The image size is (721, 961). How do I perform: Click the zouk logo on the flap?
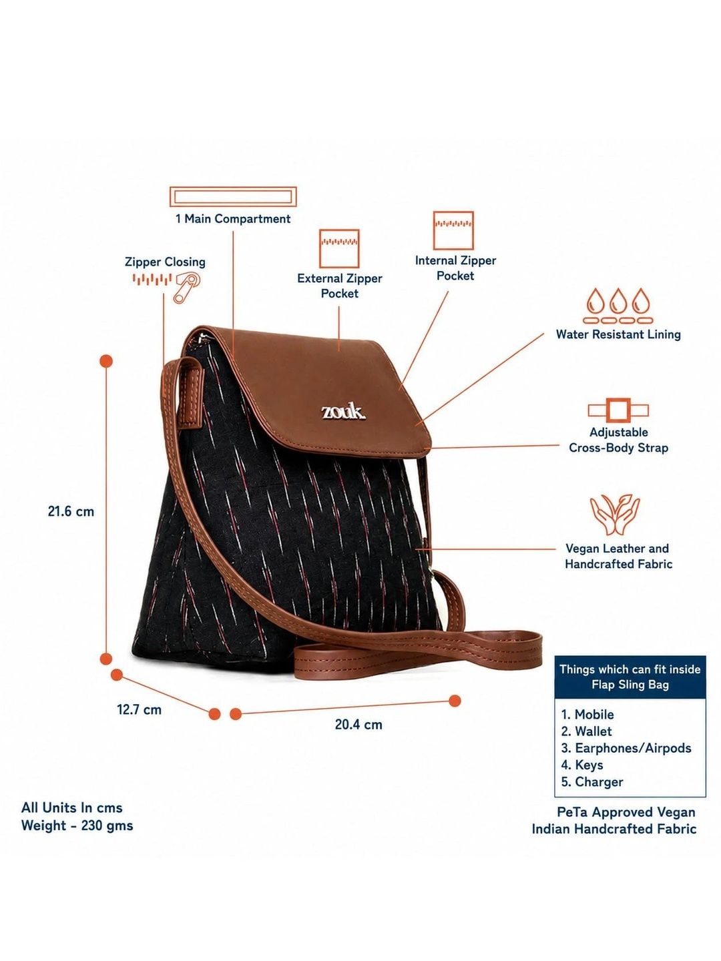coord(343,412)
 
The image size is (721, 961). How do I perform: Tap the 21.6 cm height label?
coord(71,511)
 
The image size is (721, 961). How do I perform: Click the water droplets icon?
coord(618,306)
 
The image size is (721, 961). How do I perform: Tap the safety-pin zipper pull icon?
coord(187,287)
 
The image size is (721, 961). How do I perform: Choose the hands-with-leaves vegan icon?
coord(615,515)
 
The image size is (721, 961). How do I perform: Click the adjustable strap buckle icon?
coord(618,410)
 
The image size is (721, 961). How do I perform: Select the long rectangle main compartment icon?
coord(233,197)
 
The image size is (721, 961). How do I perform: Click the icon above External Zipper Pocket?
coord(339,248)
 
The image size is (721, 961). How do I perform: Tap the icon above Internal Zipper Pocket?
coord(453,230)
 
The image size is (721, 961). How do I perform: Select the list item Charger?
coord(592,782)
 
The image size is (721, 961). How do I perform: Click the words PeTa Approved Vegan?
coord(626,812)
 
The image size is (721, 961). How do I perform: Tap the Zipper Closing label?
coord(165,262)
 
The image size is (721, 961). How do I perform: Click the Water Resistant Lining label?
coord(618,334)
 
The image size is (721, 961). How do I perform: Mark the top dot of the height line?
coord(106,361)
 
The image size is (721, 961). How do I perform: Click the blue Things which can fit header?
coord(630,677)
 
